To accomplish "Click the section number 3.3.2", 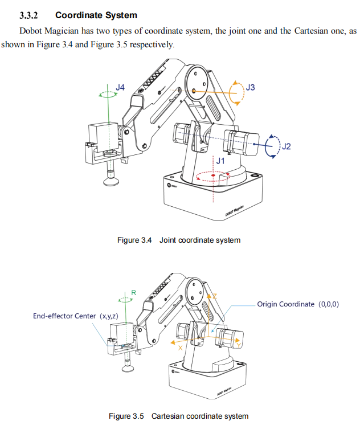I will [x=32, y=15].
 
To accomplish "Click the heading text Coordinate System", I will [x=96, y=15].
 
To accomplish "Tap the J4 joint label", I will [x=120, y=87].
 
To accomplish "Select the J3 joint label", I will [x=250, y=87].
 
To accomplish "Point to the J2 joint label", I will [x=286, y=146].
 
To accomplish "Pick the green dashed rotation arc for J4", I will [x=104, y=93].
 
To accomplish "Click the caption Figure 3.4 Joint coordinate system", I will [x=179, y=240].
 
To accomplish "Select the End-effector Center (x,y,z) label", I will [x=75, y=316].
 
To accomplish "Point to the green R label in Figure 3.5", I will [x=134, y=292].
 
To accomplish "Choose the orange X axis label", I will [x=181, y=347].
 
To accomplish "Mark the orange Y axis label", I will [x=238, y=345].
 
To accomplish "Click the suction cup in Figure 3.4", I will [x=111, y=181].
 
